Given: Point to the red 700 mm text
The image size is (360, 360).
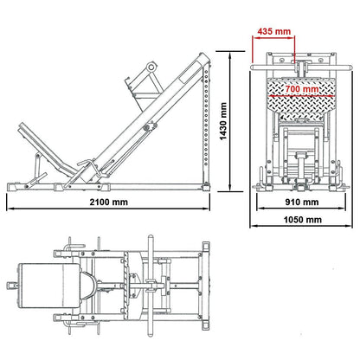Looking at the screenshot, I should pyautogui.click(x=299, y=89).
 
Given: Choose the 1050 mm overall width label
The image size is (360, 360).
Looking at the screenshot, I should pyautogui.click(x=299, y=222).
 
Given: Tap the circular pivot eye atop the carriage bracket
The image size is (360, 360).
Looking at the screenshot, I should pyautogui.click(x=152, y=67).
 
